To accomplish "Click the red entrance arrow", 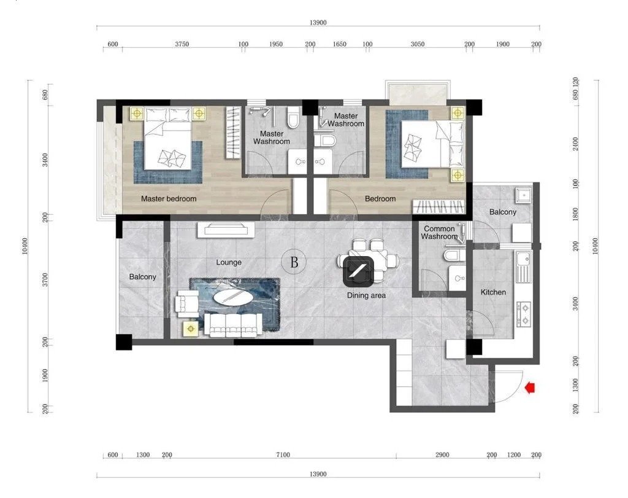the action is pos(530,387).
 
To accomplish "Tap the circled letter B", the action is pos(294,262).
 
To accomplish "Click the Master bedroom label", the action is pos(169,198).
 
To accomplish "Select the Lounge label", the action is pos(229,262).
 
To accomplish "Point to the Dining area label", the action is pos(366,295).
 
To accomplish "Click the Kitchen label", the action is pos(493,292).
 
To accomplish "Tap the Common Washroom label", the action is pos(439,233).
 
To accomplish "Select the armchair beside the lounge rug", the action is pos(186,302).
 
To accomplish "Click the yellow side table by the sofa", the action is pos(191,329).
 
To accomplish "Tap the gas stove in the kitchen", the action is pos(524,314).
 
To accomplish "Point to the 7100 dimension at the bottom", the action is pos(283,454).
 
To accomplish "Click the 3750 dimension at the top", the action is pos(182,44).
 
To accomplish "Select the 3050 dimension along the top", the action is pos(417,44).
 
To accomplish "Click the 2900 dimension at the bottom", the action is pos(442,454).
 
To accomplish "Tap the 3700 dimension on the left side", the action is pos(45,279).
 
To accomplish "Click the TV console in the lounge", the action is pos(226,230).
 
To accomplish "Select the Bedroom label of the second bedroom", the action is pos(380,198).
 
